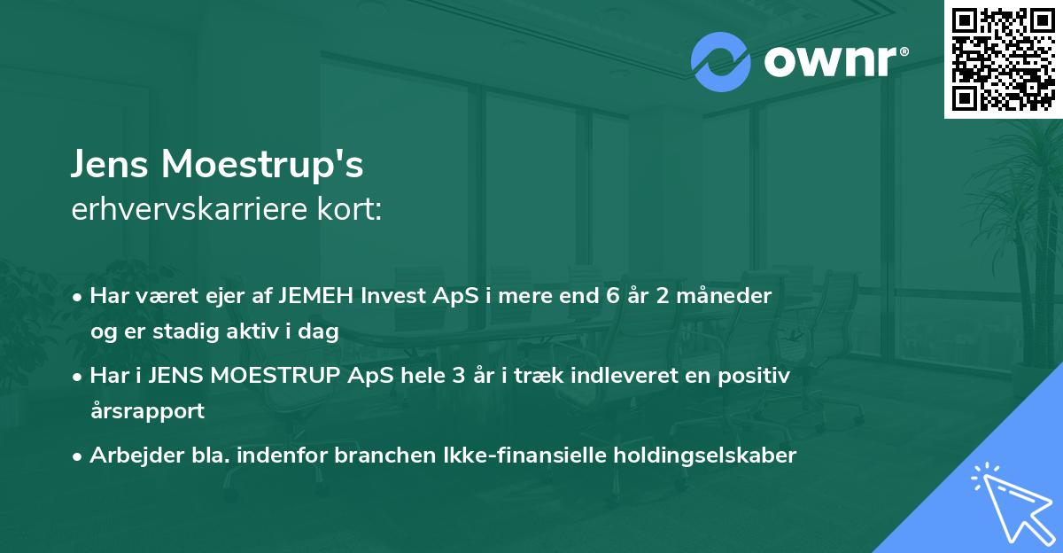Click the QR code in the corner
click(1004, 59)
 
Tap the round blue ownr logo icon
click(721, 62)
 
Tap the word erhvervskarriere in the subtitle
click(180, 209)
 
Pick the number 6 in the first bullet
click(609, 295)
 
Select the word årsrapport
click(147, 411)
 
